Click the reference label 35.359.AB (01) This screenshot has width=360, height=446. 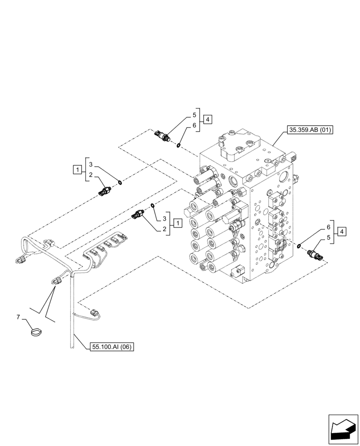point(310,130)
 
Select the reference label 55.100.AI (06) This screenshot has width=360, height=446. point(111,346)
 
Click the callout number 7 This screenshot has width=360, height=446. point(18,317)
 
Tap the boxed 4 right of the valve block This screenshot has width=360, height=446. point(341,231)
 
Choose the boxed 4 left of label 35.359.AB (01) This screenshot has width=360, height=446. point(207,119)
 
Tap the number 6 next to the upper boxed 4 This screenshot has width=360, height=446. point(194,126)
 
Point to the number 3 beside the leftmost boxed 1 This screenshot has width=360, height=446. point(90,164)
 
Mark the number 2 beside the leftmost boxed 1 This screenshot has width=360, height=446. point(90,176)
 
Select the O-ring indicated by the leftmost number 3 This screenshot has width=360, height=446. point(120,181)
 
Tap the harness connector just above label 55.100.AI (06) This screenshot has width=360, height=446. point(94,313)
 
